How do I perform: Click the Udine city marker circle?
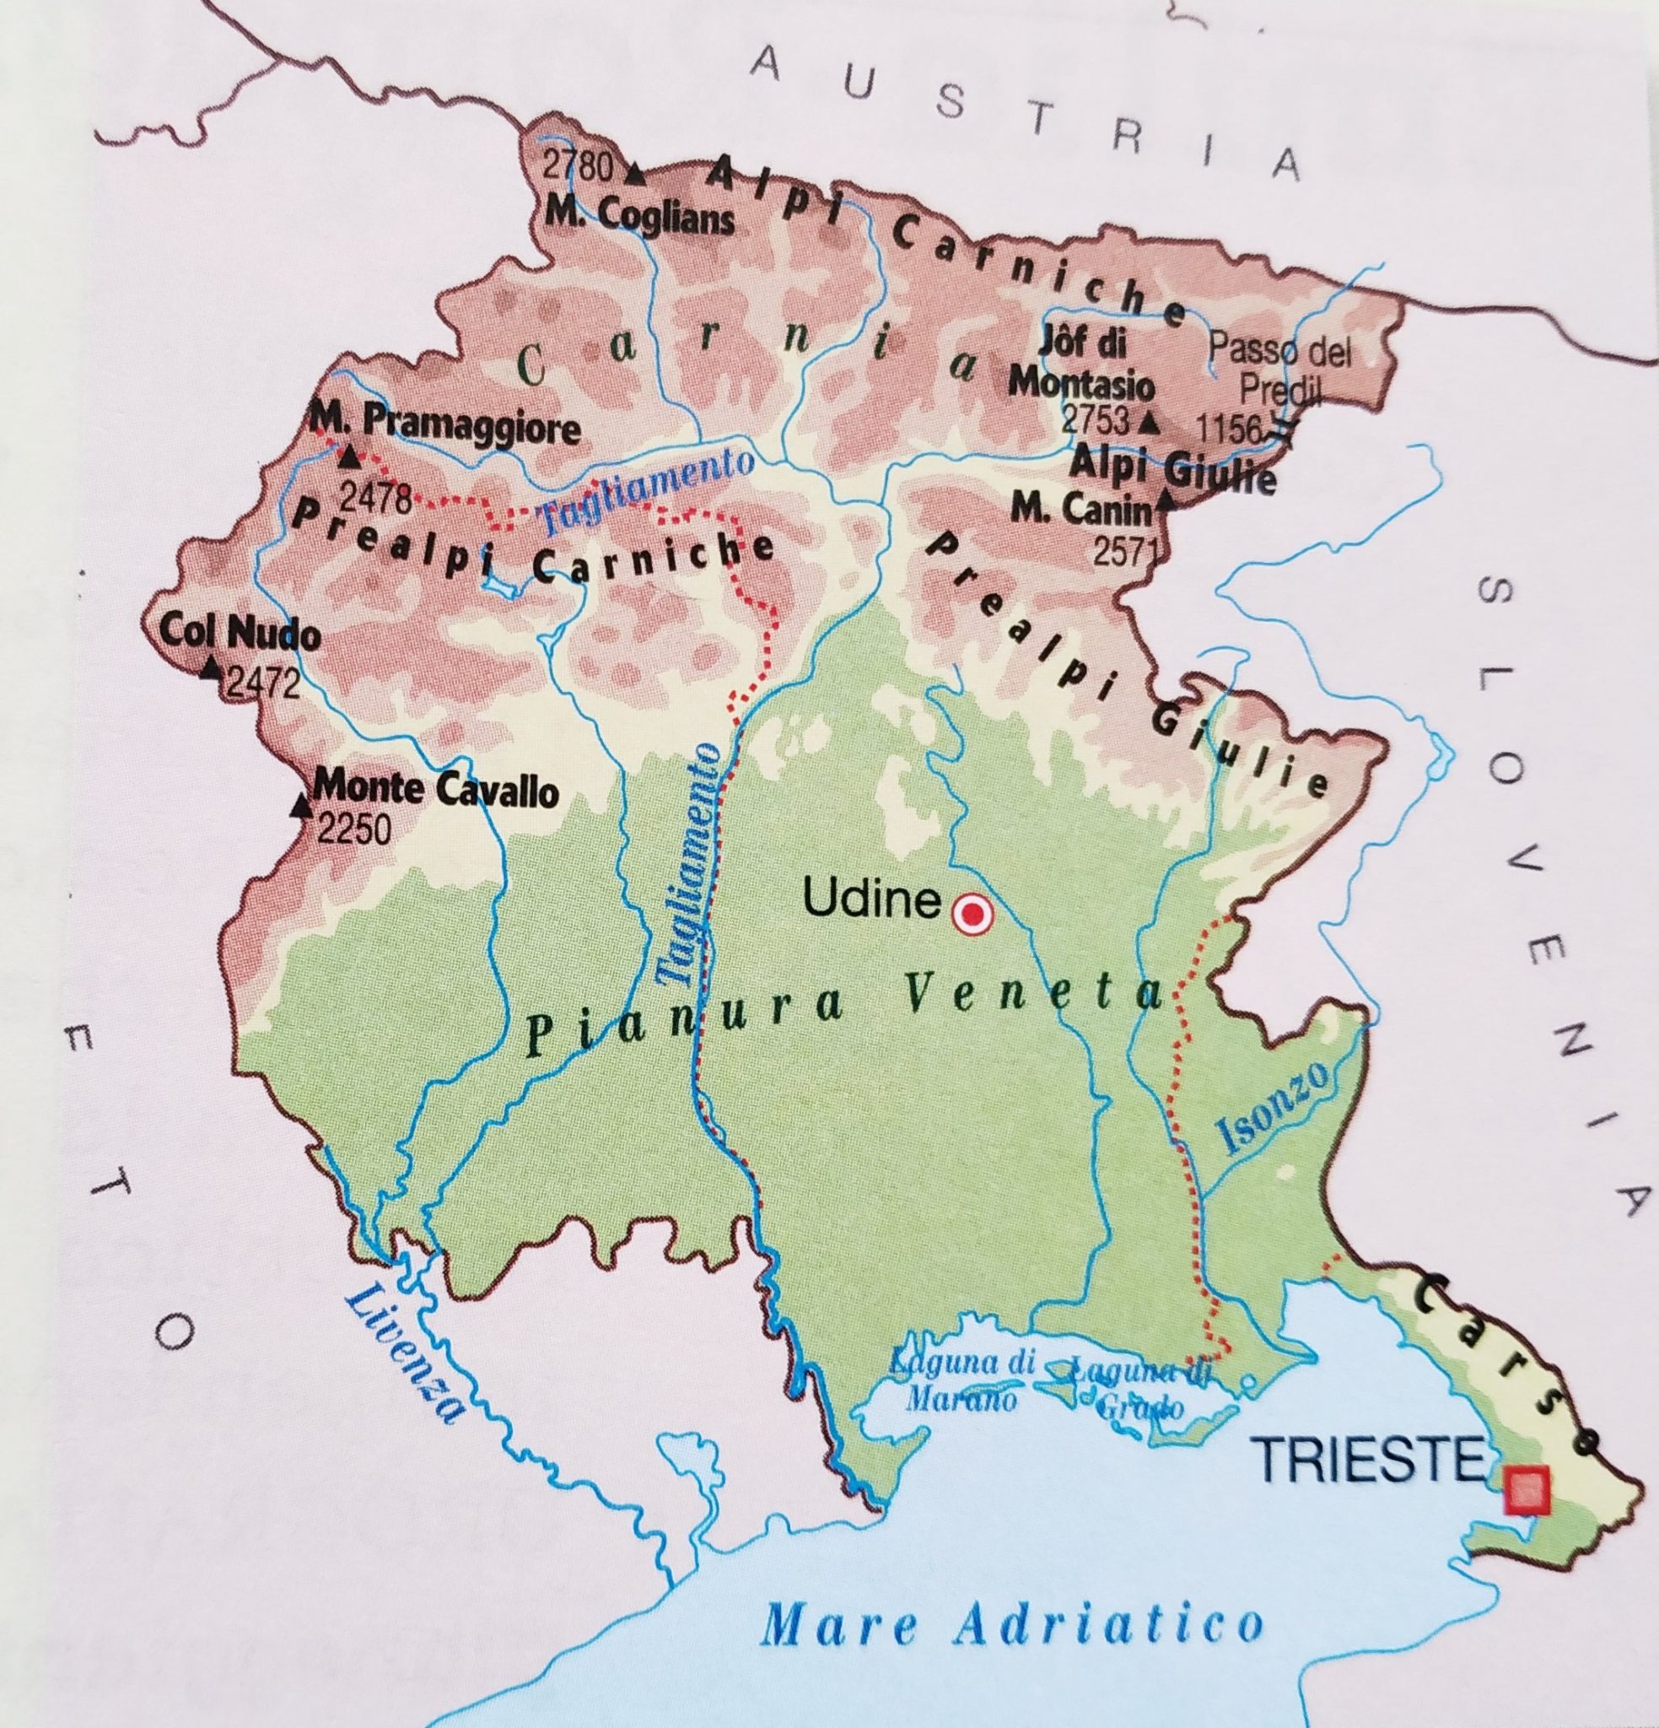coord(972,916)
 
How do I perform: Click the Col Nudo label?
coord(239,631)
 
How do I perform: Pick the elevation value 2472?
coord(262,684)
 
